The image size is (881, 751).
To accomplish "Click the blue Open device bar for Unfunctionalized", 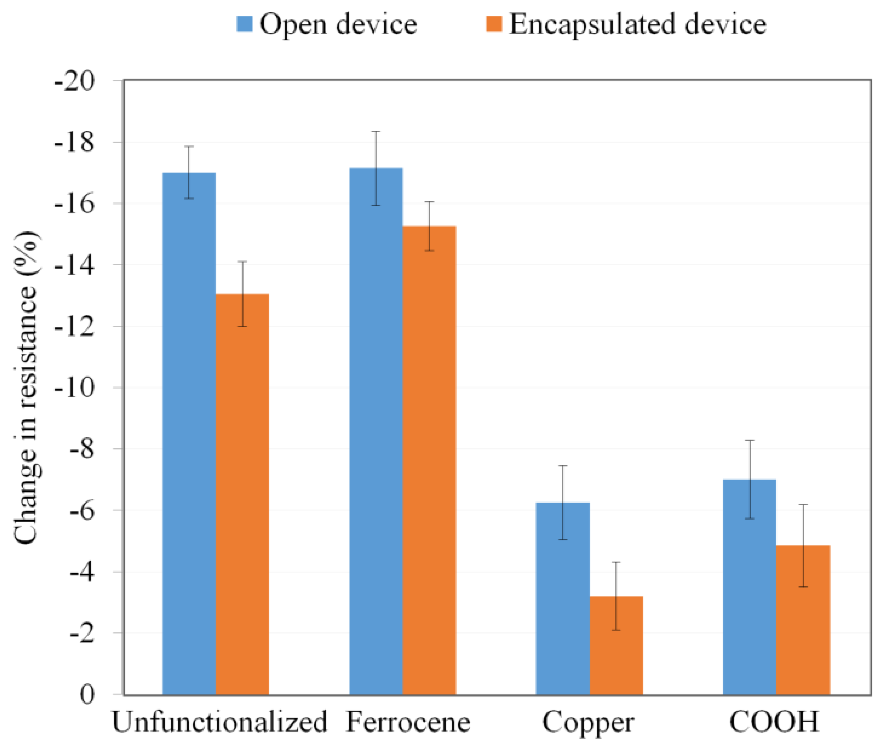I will point(189,434).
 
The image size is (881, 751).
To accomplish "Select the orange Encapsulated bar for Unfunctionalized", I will point(242,493).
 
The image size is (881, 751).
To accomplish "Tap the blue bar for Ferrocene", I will point(376,429).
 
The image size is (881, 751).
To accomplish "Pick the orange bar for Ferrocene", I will point(429,459).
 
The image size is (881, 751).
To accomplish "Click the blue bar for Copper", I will point(563,595).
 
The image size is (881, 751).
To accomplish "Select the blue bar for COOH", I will point(750,587).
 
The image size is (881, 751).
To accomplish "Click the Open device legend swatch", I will point(245,24).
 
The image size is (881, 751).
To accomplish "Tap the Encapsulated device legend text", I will point(638,24).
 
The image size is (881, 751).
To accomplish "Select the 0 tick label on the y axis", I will point(87,694).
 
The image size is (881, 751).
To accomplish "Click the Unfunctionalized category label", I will point(219,722).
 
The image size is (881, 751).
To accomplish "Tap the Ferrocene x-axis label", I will point(408,722).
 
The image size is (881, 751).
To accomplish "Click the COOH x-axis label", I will point(774,722).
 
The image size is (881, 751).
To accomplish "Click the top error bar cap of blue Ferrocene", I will point(376,132).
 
